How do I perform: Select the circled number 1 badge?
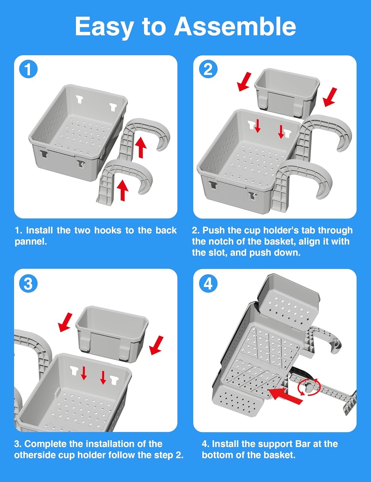point(28,69)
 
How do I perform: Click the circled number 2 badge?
point(208,70)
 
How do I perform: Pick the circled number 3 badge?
point(28,283)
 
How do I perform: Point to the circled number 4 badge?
point(208,283)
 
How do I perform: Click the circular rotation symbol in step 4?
point(309,387)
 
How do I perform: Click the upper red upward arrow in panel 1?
point(141,147)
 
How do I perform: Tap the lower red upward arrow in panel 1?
point(122,190)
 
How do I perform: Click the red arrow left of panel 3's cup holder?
point(65,322)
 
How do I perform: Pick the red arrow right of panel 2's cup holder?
point(330,97)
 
